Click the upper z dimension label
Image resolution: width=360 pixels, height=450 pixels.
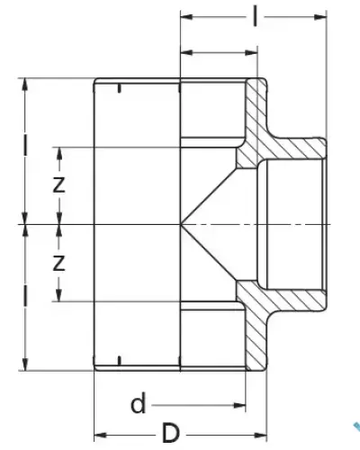pos(58,184)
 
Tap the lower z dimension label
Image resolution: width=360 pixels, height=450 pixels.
pos(58,263)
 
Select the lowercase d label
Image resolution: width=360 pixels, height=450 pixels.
pos(139,403)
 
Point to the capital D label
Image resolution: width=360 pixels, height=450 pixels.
pos(171,433)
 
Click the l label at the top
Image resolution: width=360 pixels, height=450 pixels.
pos(255,16)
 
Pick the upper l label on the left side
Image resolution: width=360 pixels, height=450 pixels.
pos(25,146)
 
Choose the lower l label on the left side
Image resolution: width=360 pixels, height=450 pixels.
pos(25,295)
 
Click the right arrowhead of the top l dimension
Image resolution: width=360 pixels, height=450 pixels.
pos(320,17)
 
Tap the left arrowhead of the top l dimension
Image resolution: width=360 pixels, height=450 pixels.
pos(186,17)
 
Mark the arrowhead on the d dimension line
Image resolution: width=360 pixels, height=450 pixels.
pos(239,406)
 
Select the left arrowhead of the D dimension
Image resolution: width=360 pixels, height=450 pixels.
pos(101,435)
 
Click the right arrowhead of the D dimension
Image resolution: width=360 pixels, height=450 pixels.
pos(260,435)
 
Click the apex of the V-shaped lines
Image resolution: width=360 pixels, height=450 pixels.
pos(181,224)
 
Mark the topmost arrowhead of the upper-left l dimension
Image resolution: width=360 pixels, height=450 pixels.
pos(25,85)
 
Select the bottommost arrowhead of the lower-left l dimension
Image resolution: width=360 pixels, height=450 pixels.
pos(25,364)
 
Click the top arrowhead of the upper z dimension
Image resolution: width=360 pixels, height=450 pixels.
pos(59,153)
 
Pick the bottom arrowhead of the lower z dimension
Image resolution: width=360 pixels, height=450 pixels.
pos(59,295)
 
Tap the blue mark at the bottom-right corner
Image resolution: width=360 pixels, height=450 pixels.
pos(356,427)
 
